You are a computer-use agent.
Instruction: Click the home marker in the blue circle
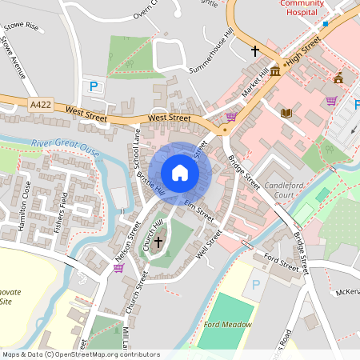(180, 173)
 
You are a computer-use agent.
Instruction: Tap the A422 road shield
(42, 104)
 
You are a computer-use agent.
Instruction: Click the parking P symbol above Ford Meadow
(257, 285)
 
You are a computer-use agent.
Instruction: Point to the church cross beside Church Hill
(158, 240)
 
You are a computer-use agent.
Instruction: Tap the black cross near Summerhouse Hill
(255, 51)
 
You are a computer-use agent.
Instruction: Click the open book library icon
(286, 113)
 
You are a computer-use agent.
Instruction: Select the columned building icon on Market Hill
(275, 72)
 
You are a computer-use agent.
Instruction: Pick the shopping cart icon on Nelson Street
(118, 268)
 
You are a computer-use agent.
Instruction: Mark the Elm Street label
(200, 212)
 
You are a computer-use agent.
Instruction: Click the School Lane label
(135, 148)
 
